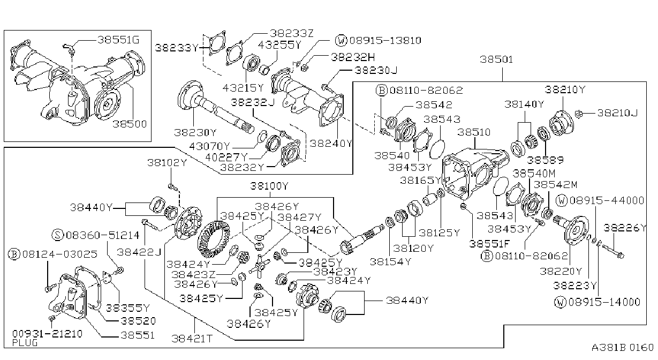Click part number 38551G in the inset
[118, 40]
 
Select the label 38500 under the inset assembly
[130, 124]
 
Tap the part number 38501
[496, 59]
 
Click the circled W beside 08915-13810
[342, 40]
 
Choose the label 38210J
[617, 113]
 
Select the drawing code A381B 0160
[623, 348]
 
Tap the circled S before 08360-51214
[58, 235]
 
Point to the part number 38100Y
[269, 186]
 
